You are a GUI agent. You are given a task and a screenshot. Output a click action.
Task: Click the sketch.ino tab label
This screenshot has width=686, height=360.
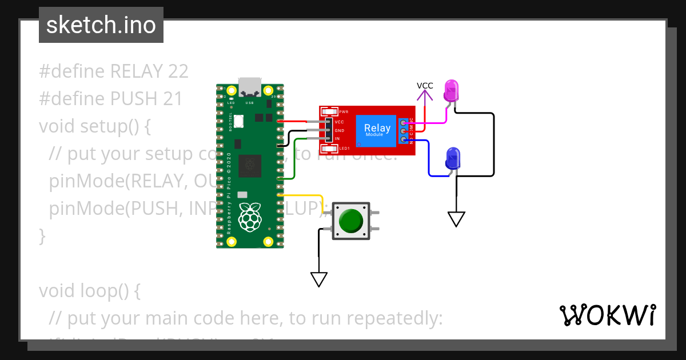coord(101,25)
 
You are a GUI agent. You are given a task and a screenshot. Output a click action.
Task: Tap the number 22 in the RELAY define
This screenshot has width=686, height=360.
coord(178,71)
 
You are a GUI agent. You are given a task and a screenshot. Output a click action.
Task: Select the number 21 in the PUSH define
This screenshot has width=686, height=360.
coord(171,99)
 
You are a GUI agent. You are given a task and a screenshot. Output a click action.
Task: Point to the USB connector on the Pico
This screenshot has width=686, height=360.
coord(250,87)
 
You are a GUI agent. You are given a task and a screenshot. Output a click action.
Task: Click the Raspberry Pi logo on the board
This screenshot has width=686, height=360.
coord(250,217)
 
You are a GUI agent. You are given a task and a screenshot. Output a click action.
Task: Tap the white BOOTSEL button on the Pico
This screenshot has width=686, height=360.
coord(238,121)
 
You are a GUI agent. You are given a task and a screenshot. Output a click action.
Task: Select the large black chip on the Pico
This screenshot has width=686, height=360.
coord(250,165)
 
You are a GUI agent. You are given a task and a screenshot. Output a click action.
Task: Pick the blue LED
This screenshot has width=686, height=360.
coord(452,158)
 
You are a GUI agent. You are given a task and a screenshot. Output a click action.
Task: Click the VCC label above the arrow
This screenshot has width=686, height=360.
coord(425,86)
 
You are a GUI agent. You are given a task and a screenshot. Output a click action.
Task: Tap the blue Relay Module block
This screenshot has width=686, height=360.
coord(377,130)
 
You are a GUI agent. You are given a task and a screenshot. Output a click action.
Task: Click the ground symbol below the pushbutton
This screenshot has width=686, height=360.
coord(318,279)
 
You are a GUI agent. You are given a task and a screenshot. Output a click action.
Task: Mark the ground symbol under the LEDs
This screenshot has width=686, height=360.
coord(456,219)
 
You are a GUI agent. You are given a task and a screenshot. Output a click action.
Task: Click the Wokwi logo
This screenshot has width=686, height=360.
coord(607,315)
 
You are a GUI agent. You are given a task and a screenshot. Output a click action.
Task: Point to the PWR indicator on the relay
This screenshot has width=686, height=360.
coord(330,111)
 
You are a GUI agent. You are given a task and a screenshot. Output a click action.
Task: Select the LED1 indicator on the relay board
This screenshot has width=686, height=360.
coord(330,149)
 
